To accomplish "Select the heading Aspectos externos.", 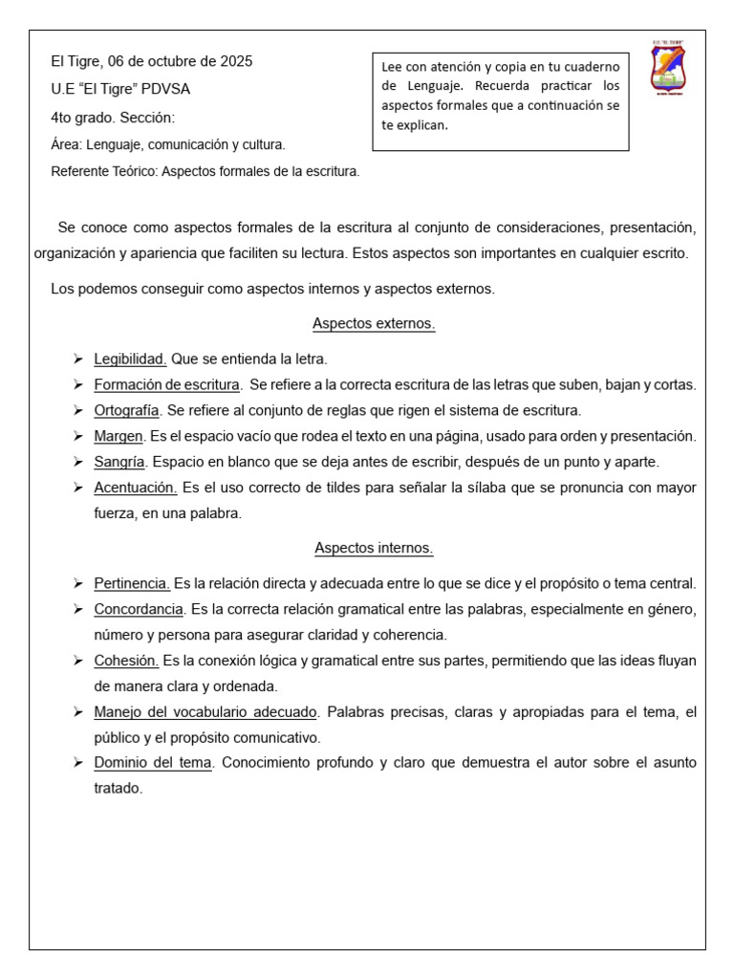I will pyautogui.click(x=374, y=324).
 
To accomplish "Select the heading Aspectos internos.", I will pyautogui.click(x=374, y=549).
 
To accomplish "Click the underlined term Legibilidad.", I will pyautogui.click(x=130, y=359).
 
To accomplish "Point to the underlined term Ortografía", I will pyautogui.click(x=127, y=410).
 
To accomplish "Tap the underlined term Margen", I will pyautogui.click(x=119, y=436).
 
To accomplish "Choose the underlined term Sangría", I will pyautogui.click(x=119, y=462).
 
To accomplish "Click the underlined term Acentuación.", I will pyautogui.click(x=136, y=488).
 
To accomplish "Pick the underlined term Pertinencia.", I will pyautogui.click(x=132, y=583).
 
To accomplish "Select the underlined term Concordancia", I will pyautogui.click(x=139, y=609).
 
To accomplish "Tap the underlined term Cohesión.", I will pyautogui.click(x=126, y=661).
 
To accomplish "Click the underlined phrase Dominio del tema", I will pyautogui.click(x=153, y=763).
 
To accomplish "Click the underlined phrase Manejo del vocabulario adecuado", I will pyautogui.click(x=205, y=712).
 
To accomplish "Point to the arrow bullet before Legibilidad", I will pyautogui.click(x=76, y=359).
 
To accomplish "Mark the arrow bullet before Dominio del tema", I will pyautogui.click(x=76, y=763).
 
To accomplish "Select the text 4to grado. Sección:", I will pyautogui.click(x=113, y=119).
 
